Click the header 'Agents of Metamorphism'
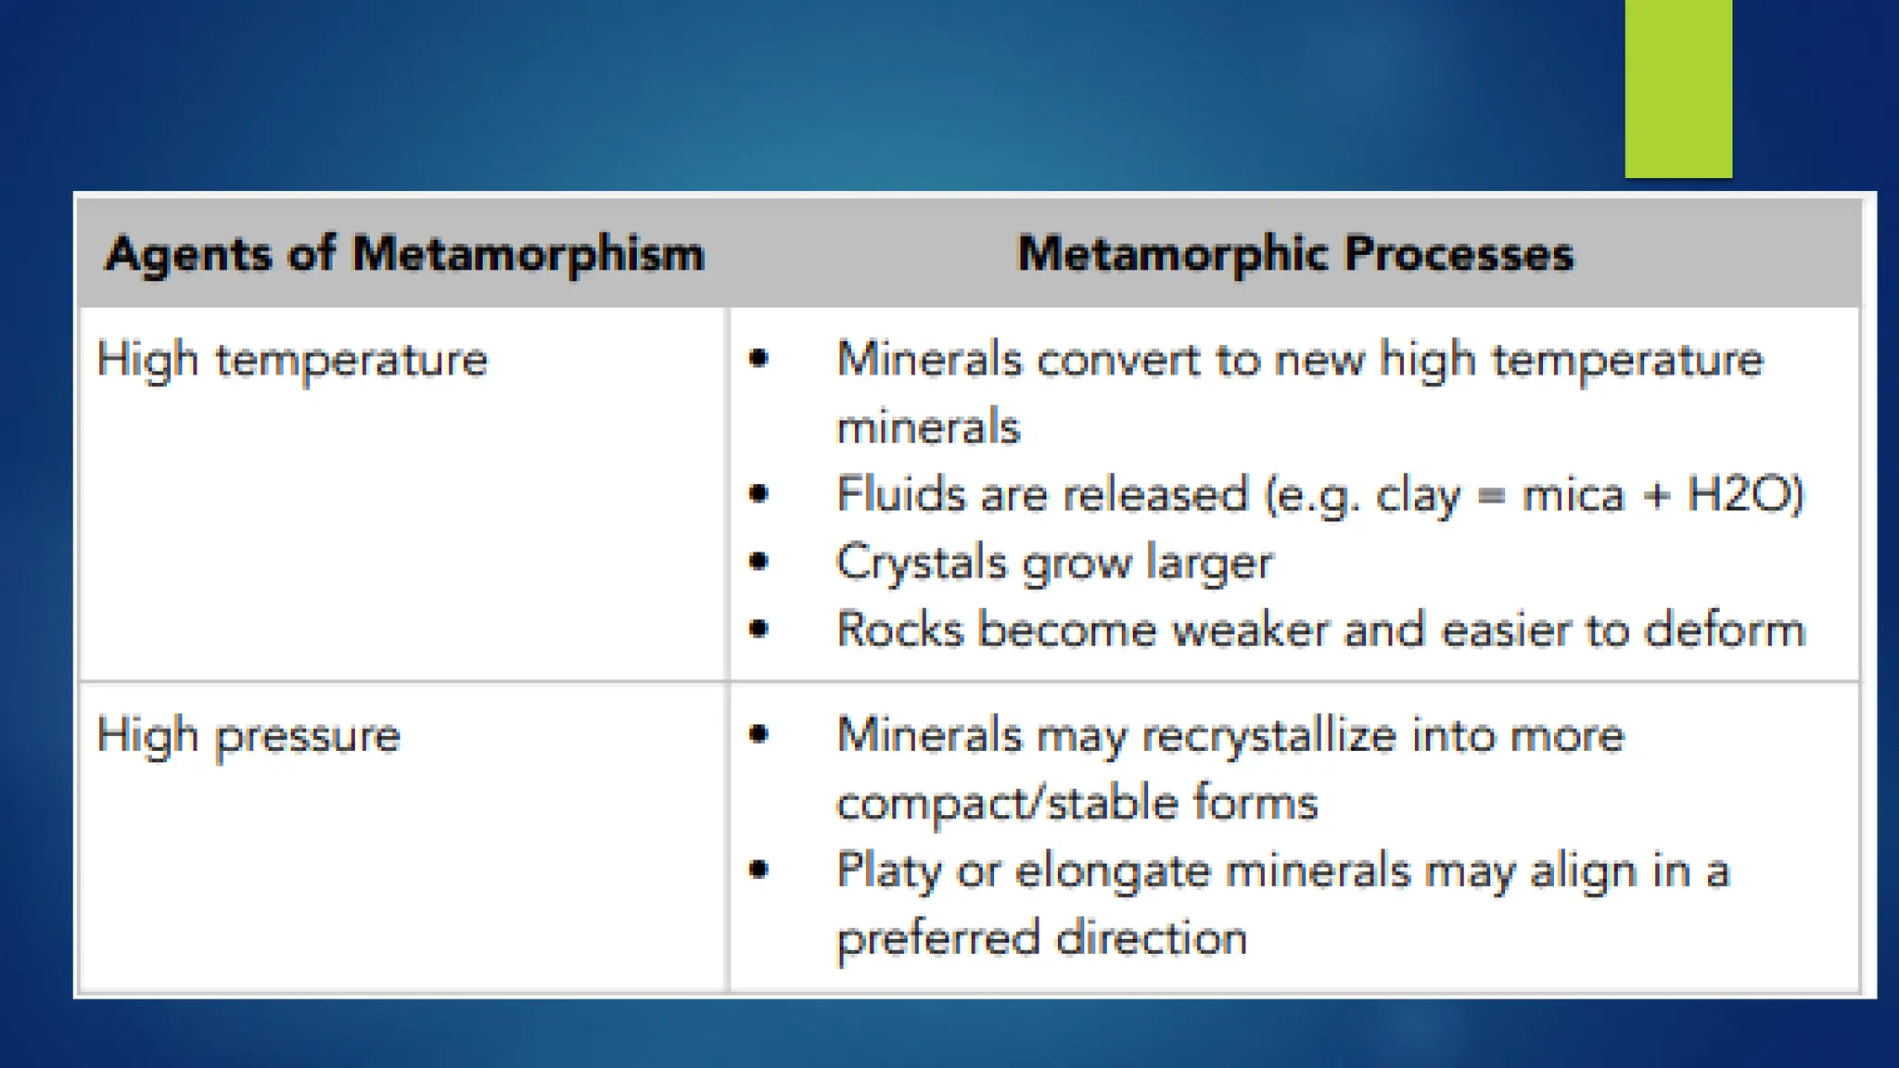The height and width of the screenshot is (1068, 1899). point(405,254)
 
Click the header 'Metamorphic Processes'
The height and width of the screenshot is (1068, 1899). point(1294,254)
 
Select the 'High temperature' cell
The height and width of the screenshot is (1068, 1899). point(292,360)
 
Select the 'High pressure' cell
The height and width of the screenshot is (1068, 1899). point(249,736)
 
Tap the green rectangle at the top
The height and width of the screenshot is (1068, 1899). point(1677,88)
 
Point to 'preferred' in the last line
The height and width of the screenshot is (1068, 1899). point(937,938)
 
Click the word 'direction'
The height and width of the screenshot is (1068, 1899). point(1152,938)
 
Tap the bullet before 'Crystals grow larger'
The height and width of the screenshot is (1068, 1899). point(759,561)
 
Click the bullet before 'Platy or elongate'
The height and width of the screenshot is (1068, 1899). point(759,870)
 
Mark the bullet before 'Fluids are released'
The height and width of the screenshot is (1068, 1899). point(759,493)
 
